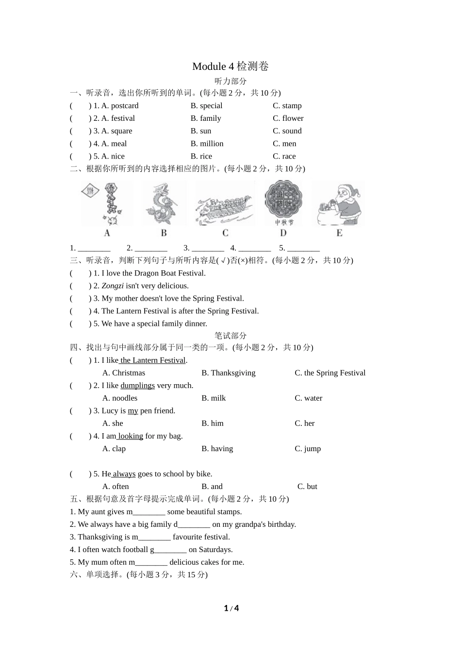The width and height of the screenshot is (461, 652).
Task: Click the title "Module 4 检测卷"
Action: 230,66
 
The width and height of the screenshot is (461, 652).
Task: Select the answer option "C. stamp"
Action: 287,106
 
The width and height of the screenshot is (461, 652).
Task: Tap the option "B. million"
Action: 207,144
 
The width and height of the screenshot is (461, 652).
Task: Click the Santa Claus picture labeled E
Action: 339,204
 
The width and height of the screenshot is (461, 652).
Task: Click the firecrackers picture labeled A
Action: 107,204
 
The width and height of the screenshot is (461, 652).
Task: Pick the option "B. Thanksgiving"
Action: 228,373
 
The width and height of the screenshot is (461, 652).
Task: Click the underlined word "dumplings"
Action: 137,385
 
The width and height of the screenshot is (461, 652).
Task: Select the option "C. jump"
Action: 308,448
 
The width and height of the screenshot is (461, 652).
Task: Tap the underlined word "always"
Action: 124,473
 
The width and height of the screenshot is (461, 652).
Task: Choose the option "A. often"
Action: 115,486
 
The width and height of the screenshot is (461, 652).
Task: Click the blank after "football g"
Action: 170,550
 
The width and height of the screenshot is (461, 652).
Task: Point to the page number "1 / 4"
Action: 231,608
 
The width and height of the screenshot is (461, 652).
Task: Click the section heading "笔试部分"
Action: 230,336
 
